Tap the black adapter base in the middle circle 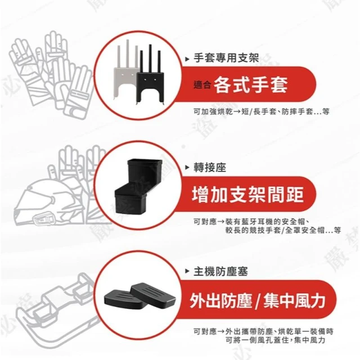click(138, 186)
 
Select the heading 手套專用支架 click(226, 58)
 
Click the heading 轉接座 click(210, 168)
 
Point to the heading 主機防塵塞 click(220, 271)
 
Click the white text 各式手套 click(250, 85)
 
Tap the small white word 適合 click(202, 85)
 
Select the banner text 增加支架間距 click(247, 194)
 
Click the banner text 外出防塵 click(220, 300)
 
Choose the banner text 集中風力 click(295, 300)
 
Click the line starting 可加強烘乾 click(262, 112)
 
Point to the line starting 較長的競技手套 click(283, 230)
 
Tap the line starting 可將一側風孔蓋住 click(276, 340)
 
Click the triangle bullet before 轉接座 click(187, 168)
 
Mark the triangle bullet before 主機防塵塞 click(187, 272)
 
